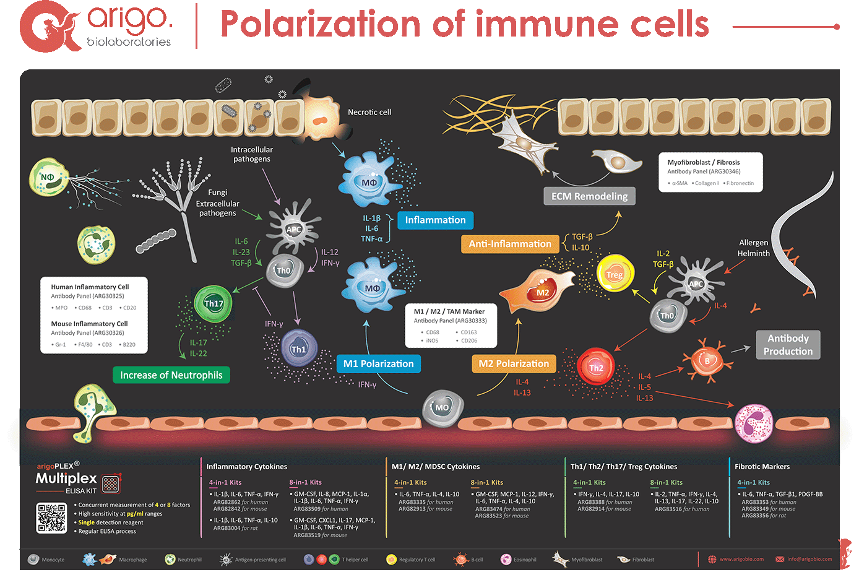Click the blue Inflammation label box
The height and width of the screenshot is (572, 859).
(435, 220)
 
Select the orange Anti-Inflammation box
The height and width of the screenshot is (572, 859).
(510, 244)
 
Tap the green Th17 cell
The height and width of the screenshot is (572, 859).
(214, 303)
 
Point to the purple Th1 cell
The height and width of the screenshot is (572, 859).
(298, 349)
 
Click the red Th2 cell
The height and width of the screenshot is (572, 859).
(596, 368)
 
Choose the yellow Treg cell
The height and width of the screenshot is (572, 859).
(614, 274)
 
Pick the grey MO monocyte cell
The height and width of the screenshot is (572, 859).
(442, 407)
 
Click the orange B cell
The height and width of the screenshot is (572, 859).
(707, 361)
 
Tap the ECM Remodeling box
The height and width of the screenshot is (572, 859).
(589, 196)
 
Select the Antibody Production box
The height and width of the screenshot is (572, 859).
(788, 345)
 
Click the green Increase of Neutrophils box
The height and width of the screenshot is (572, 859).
(171, 375)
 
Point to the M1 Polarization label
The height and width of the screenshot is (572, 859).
(378, 364)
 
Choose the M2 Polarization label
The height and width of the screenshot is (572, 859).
(514, 364)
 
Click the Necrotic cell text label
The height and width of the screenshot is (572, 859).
(369, 112)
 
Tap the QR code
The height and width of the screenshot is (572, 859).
(52, 518)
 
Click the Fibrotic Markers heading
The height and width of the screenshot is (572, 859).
(762, 467)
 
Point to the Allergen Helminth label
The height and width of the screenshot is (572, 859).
(753, 248)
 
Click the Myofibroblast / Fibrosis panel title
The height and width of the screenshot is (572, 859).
(703, 162)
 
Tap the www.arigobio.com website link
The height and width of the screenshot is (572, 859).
(741, 560)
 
